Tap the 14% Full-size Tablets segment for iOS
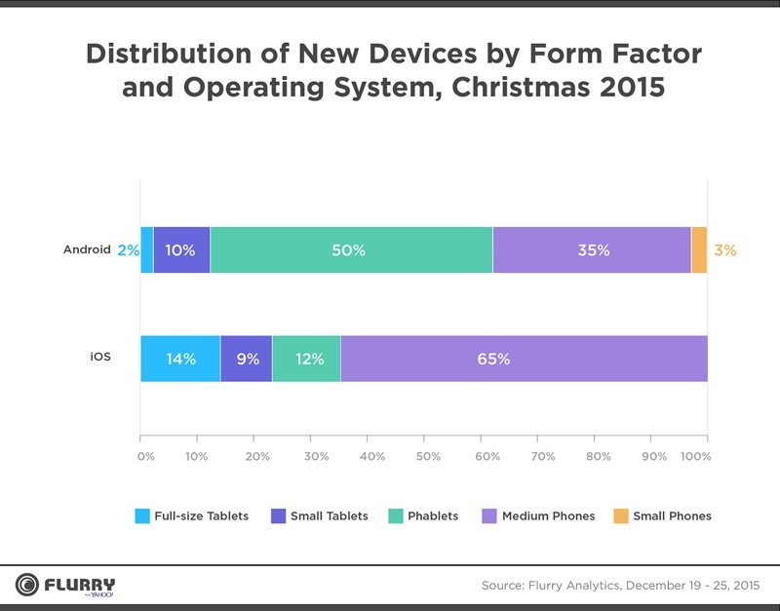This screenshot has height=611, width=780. [180, 359]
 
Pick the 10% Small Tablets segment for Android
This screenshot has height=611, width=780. [181, 250]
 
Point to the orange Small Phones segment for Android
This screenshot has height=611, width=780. [699, 250]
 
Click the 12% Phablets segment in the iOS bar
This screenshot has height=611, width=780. [306, 359]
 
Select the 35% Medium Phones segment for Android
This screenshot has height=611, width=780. [592, 250]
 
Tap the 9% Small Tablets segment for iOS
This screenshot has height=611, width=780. [247, 359]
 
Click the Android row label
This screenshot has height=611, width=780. [87, 249]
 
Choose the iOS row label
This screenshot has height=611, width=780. [100, 358]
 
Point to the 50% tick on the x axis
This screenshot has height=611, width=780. [428, 456]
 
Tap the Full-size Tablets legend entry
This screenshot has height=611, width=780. [201, 516]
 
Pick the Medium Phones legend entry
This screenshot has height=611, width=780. [547, 516]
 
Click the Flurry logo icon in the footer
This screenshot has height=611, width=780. [26, 585]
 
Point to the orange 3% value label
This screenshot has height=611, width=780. [724, 250]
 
